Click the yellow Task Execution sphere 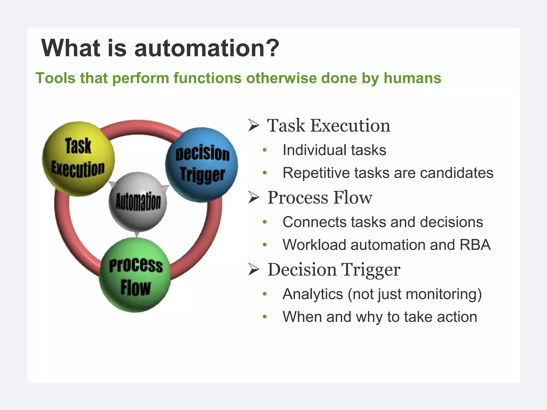[78, 159]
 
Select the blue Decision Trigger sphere [202, 165]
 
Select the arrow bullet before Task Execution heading [253, 125]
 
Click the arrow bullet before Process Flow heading [253, 198]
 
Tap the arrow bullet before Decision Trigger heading [253, 270]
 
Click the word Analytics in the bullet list [312, 294]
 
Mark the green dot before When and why [265, 317]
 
